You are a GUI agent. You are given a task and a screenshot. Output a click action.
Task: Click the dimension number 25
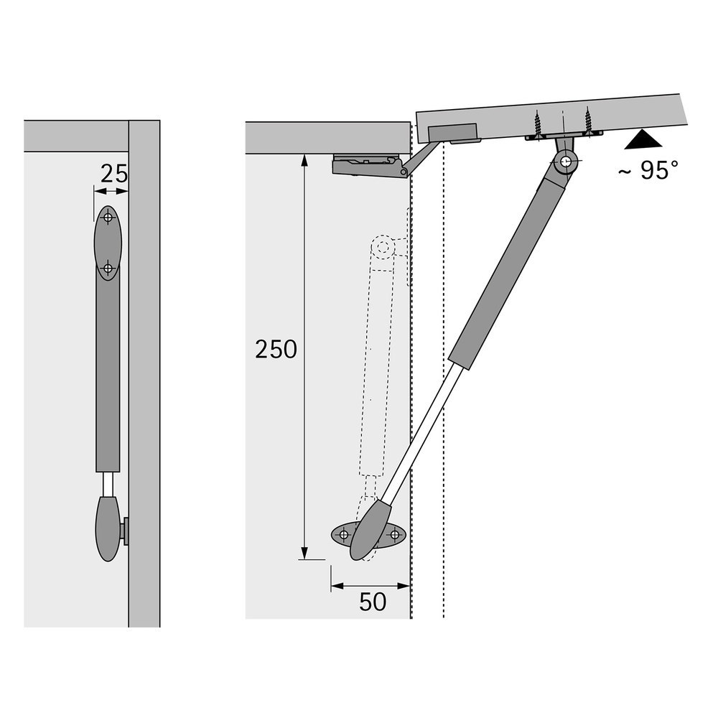coord(113,173)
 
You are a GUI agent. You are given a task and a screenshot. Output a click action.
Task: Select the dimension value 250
coord(276,350)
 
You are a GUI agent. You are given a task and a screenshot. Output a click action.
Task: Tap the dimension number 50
coord(373,602)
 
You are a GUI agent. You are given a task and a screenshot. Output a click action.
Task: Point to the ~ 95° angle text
coord(648,170)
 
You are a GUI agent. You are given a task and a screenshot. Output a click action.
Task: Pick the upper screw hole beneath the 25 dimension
coord(108,217)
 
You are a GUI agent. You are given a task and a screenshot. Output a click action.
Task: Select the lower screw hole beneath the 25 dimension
coord(108,269)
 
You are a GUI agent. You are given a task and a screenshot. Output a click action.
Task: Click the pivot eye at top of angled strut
coord(567,162)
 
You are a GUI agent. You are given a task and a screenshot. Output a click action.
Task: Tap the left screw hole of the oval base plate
coord(343,534)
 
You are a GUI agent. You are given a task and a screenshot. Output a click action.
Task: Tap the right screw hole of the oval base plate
coord(394,534)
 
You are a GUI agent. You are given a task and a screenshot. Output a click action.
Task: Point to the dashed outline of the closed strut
coord(380,359)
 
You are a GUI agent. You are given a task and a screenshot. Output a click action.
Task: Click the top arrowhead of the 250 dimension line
coord(304,159)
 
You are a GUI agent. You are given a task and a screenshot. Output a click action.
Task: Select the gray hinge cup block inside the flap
coord(452,133)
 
